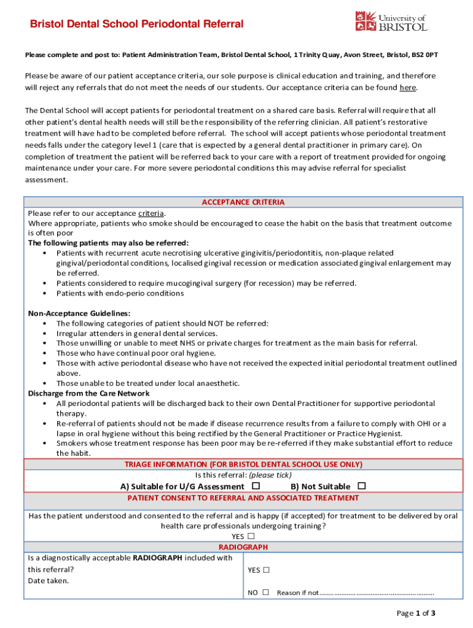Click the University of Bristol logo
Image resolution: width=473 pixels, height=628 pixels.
tap(391, 21)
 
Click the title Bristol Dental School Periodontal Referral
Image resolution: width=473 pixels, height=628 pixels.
tap(137, 25)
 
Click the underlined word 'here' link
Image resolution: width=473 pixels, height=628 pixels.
tap(407, 88)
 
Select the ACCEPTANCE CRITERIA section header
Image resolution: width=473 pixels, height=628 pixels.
tap(243, 202)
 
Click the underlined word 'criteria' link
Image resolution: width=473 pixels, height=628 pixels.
tap(151, 213)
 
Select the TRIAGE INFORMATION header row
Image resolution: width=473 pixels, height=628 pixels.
tap(243, 464)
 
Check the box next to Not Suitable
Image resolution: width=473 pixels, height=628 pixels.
tap(361, 486)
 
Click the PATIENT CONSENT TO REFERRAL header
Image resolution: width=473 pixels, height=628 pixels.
tap(243, 498)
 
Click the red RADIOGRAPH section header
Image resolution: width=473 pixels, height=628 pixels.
tap(243, 547)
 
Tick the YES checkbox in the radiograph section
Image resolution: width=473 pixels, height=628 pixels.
tap(266, 570)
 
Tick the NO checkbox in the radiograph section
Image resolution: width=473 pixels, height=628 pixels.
tap(265, 592)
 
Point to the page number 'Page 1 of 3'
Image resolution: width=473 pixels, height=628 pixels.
tap(416, 613)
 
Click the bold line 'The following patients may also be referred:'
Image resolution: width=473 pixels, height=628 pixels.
tap(109, 243)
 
